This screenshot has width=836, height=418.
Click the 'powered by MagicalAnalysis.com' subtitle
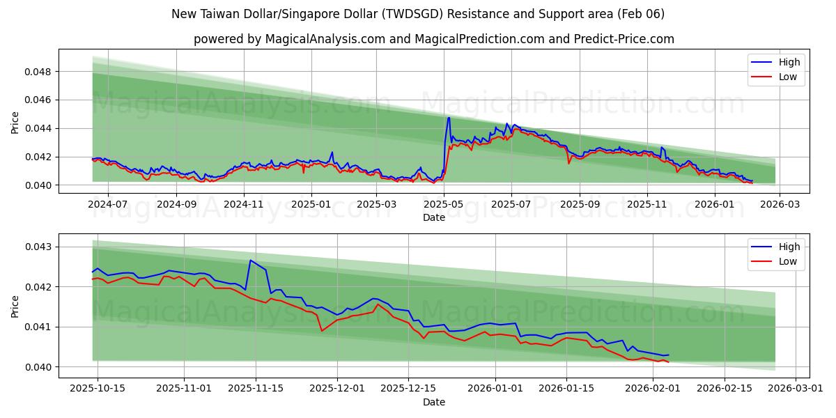point(433,39)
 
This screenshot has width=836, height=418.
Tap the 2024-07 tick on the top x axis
point(109,205)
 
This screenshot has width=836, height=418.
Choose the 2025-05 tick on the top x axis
point(444,205)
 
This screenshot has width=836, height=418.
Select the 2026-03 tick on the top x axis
point(779,205)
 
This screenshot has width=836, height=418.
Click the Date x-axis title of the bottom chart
point(433,402)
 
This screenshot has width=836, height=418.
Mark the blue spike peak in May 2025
point(449,118)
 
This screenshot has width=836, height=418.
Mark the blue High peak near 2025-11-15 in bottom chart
point(250,261)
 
